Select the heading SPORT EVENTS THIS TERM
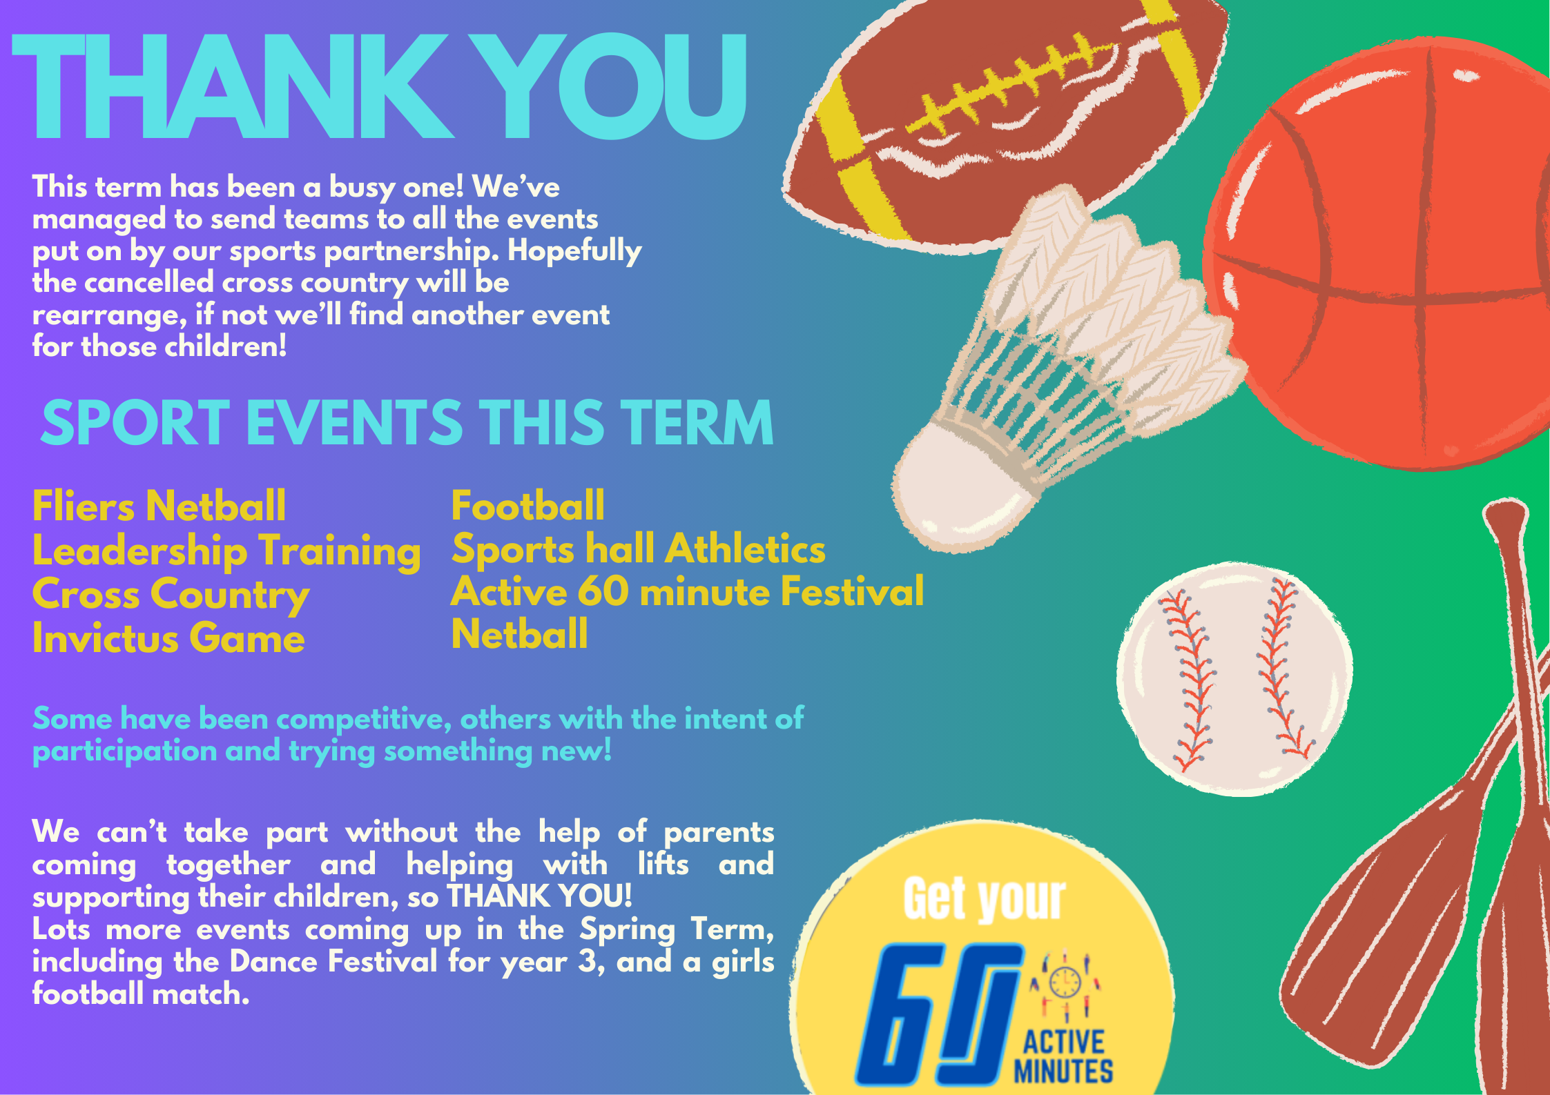click(x=407, y=422)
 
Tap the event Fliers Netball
click(x=159, y=506)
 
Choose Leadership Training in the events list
click(x=226, y=552)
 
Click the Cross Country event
click(x=171, y=595)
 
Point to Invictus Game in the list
click(x=168, y=638)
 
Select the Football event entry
click(x=527, y=505)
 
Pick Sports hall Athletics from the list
click(x=639, y=549)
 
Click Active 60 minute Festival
click(x=688, y=592)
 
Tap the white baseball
click(x=1234, y=680)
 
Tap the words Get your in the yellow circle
click(x=985, y=898)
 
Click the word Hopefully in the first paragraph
click(x=574, y=252)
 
